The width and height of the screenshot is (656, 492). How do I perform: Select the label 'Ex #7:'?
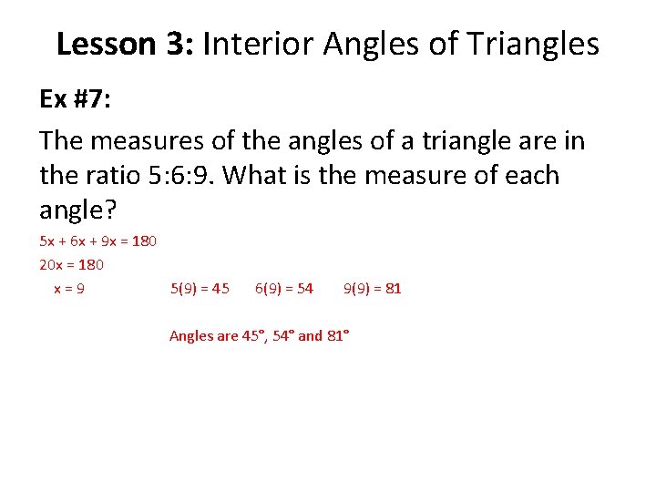76,99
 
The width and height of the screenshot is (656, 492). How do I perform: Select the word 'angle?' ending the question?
78,210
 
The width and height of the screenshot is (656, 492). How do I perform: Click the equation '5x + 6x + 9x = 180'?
98,241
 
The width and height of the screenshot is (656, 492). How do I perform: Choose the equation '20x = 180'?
72,265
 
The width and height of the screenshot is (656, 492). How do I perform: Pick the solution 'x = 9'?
70,289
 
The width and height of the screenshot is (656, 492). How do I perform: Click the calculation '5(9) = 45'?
200,289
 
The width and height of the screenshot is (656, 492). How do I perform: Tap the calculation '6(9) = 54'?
284,289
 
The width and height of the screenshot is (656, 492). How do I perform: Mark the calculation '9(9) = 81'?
372,289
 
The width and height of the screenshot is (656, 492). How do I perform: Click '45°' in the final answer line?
252,336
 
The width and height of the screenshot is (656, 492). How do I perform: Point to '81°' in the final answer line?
338,336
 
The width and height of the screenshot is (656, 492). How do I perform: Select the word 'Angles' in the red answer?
190,336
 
